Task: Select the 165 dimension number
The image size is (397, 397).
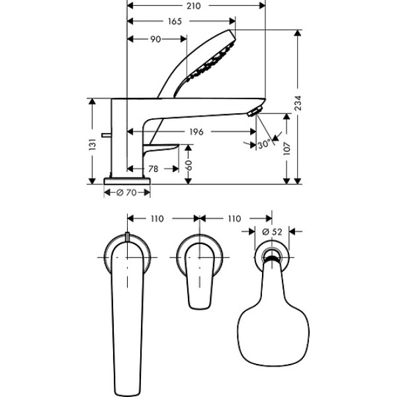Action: (x=175, y=22)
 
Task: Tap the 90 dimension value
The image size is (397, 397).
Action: (x=156, y=39)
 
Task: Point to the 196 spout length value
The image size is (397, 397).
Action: (x=195, y=132)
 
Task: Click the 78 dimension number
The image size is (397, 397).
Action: (x=152, y=169)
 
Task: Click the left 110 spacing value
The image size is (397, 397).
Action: (x=156, y=218)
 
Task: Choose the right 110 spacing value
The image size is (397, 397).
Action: (x=234, y=218)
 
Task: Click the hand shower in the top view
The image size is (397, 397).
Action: (x=270, y=321)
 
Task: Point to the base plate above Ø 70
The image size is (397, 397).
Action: (x=126, y=181)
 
